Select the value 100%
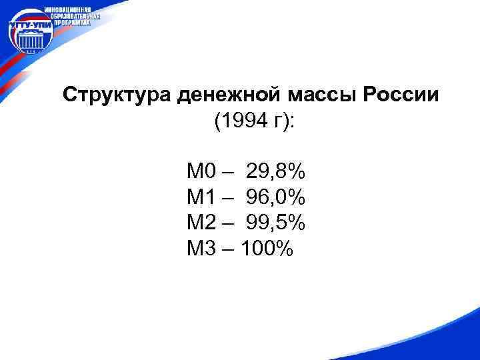(x=267, y=249)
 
